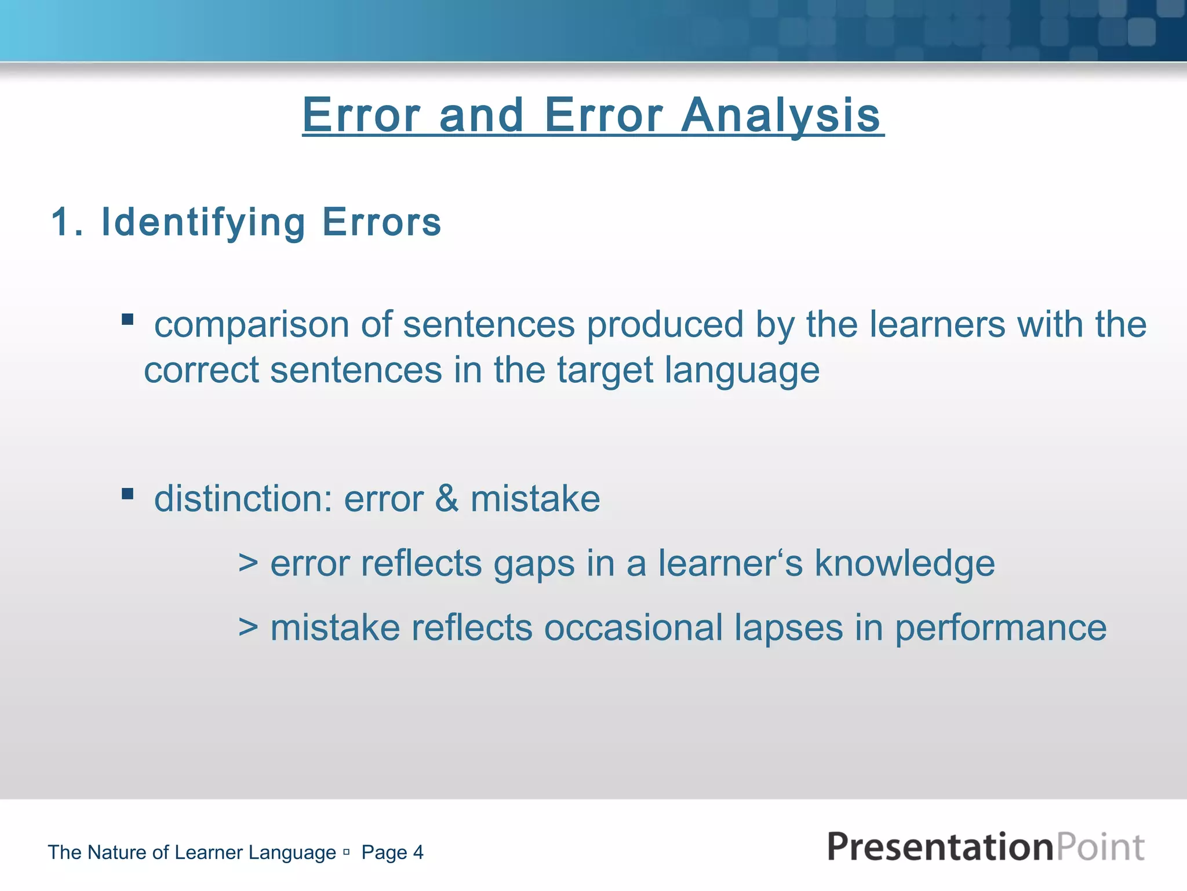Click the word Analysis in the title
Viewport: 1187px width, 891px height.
click(x=781, y=115)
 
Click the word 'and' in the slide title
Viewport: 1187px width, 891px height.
click(x=482, y=115)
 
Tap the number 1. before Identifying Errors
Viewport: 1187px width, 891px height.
click(x=67, y=222)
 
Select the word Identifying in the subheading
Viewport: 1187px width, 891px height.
click(x=203, y=223)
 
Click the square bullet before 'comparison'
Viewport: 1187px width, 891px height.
click(x=128, y=320)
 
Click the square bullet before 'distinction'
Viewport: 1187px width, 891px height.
click(x=128, y=494)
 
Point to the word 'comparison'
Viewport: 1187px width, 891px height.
click(x=252, y=325)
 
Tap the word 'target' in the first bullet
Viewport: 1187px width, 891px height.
click(x=605, y=371)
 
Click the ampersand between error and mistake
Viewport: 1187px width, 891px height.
click(x=446, y=499)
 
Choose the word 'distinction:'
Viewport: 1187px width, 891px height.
click(x=243, y=499)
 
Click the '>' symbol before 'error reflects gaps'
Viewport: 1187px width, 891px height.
click(x=248, y=564)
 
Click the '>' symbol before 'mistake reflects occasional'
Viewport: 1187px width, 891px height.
click(x=248, y=628)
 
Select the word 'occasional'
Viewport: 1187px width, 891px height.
click(x=633, y=628)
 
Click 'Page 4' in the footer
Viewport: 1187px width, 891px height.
click(x=392, y=853)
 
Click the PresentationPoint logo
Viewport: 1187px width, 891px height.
click(x=985, y=847)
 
